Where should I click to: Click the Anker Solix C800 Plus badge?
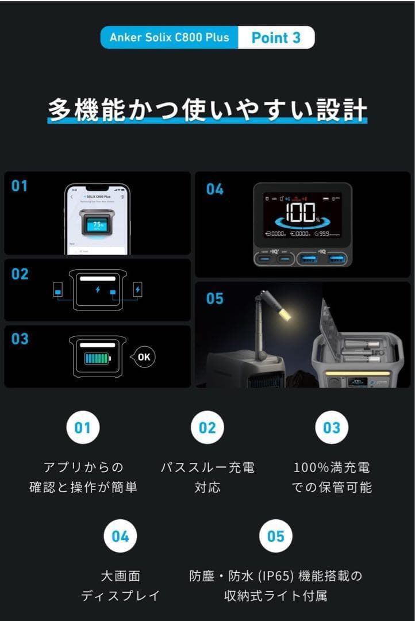click(169, 38)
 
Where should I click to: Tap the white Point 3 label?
click(276, 38)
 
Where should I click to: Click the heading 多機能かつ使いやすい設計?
click(207, 109)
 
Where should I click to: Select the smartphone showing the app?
click(97, 220)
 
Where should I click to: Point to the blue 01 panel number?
click(20, 186)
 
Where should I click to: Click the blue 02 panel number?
click(20, 274)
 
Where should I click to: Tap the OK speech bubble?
click(144, 357)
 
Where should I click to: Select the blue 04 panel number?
click(214, 190)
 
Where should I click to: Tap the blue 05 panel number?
click(214, 299)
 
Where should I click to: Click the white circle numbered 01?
click(83, 428)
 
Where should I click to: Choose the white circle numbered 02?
click(207, 428)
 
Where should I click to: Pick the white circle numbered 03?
click(332, 428)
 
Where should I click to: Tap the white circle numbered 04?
click(120, 536)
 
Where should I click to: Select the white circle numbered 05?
click(275, 536)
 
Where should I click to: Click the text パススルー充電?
click(207, 467)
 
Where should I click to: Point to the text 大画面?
click(120, 576)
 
